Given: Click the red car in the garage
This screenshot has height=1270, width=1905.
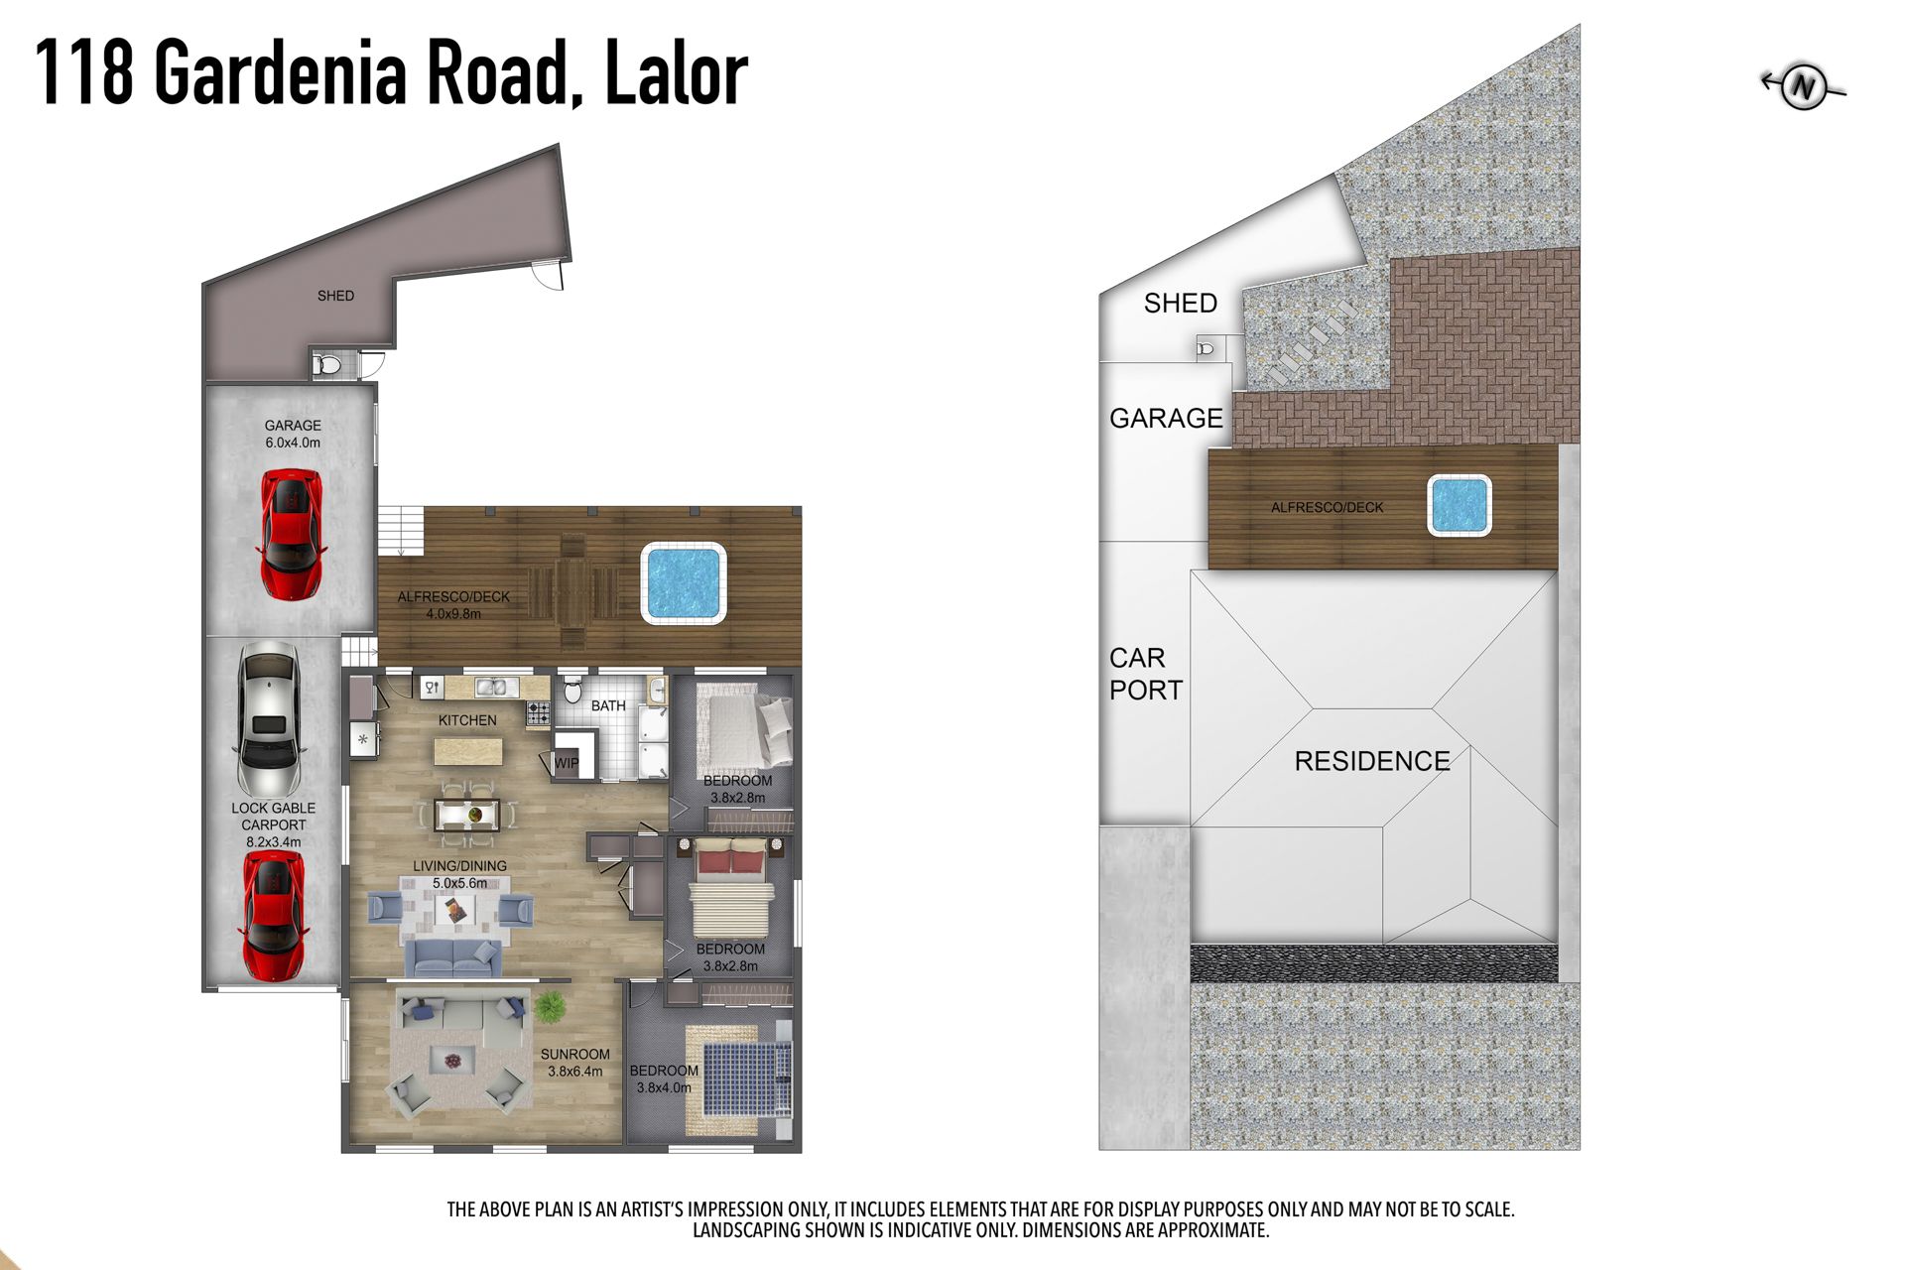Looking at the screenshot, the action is [291, 535].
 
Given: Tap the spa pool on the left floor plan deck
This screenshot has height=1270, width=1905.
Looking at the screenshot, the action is [684, 582].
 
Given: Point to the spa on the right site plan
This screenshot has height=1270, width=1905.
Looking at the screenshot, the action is [1459, 506].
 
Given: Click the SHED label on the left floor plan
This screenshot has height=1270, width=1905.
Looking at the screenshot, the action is [335, 296].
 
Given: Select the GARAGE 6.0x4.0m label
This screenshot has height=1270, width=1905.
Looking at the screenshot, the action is [293, 434].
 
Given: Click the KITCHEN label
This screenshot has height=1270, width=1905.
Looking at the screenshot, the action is [467, 720].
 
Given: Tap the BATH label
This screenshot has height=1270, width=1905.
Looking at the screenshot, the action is [608, 705].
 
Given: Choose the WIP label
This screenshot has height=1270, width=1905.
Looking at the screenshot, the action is [567, 763].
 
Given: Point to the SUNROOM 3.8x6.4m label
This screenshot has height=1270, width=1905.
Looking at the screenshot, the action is [575, 1063].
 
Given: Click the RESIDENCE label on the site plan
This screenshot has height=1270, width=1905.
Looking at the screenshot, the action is [1372, 761].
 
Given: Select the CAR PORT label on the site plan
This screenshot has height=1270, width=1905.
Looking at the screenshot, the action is [1146, 674].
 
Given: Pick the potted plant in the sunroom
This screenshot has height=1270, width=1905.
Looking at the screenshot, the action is [550, 1006].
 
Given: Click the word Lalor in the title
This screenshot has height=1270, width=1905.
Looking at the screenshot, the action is [676, 71].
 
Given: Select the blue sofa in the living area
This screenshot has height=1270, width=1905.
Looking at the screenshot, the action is [452, 957].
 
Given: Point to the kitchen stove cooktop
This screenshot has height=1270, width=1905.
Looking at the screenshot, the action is [539, 712].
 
